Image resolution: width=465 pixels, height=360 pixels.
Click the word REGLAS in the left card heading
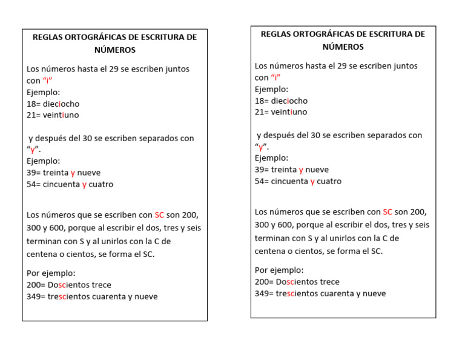[x=48, y=38]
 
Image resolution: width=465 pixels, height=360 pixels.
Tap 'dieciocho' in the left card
[x=61, y=104]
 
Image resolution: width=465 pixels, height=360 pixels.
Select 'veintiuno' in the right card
[x=289, y=112]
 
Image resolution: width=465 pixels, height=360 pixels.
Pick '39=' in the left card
[x=35, y=173]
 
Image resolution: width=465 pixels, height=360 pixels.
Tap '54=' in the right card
[x=263, y=181]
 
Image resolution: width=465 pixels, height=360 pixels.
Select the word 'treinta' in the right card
[x=284, y=170]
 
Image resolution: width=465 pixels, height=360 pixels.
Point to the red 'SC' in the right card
[x=387, y=212]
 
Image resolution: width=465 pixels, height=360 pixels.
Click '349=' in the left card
[x=37, y=296]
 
